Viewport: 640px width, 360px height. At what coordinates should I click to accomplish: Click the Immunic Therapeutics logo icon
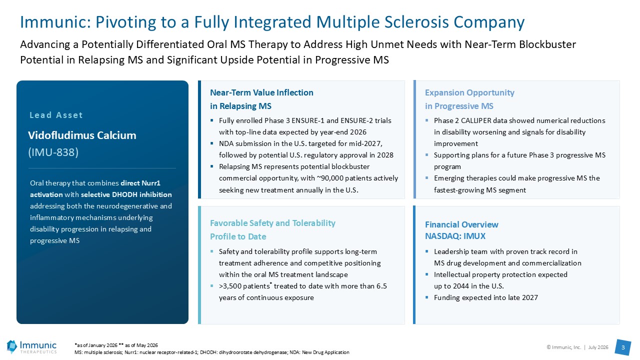12,347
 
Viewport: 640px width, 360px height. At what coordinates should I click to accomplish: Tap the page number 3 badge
623,347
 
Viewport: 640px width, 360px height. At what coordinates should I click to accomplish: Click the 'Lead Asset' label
56,115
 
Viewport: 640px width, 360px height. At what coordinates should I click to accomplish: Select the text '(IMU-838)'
53,152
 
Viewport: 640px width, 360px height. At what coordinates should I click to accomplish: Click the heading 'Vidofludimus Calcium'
82,135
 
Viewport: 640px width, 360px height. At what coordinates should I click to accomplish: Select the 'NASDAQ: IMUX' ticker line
455,236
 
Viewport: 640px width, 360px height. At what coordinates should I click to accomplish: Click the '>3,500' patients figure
230,286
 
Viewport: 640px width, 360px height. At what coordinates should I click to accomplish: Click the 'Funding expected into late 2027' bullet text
485,297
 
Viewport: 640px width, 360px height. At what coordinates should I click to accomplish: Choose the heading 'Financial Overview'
461,224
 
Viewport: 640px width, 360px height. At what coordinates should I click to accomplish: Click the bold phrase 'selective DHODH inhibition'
126,194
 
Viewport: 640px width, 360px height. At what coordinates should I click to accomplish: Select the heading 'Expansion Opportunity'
469,93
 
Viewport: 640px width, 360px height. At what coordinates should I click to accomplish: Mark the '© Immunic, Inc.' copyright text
563,347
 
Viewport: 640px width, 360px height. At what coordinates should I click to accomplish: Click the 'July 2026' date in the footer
598,347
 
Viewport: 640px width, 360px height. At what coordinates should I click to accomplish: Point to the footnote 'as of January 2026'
97,345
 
